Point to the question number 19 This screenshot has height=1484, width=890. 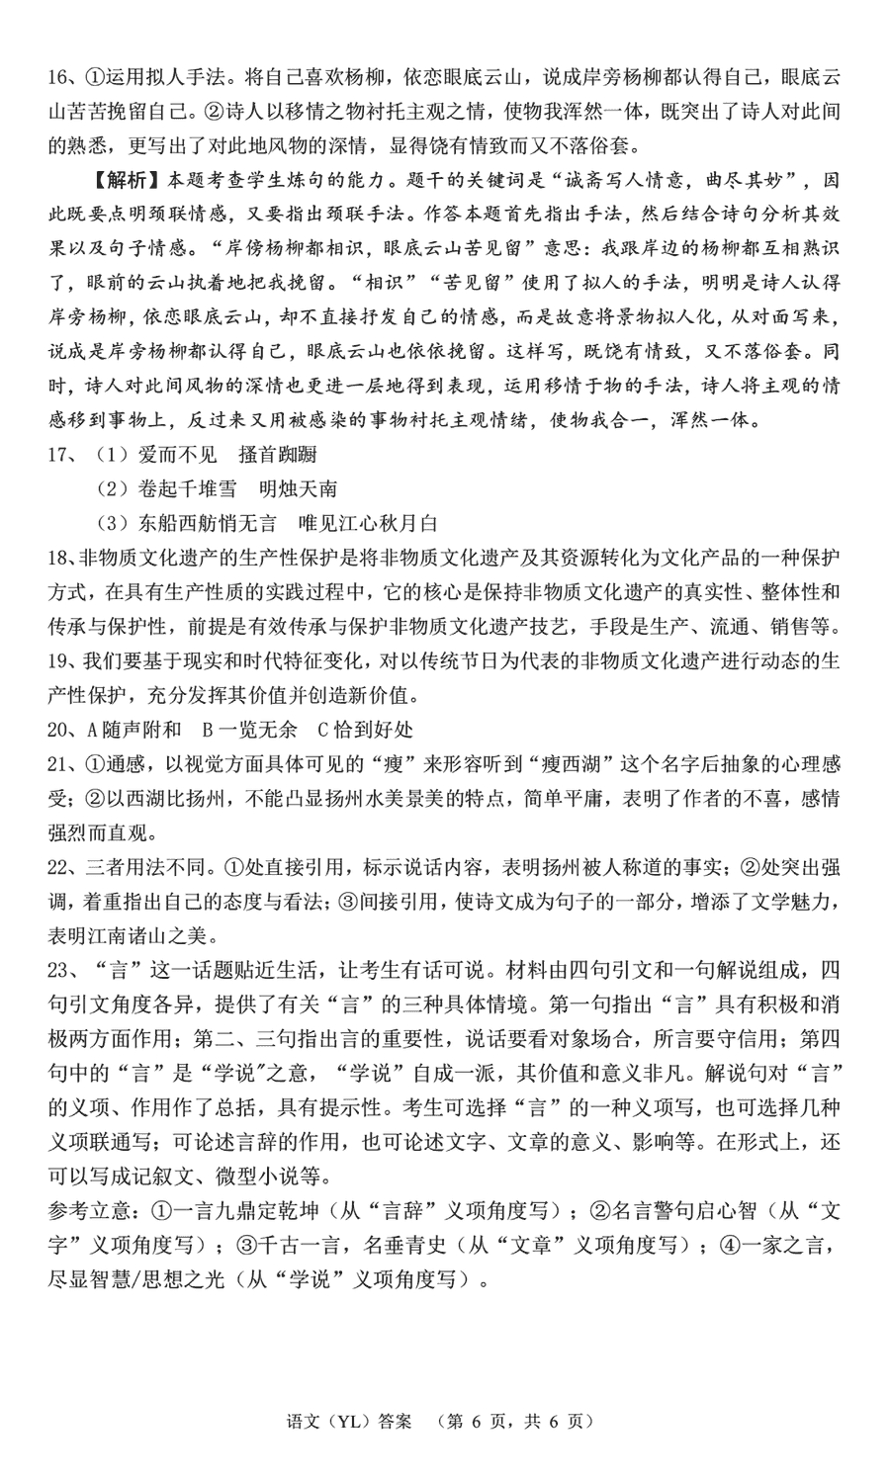point(58,661)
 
